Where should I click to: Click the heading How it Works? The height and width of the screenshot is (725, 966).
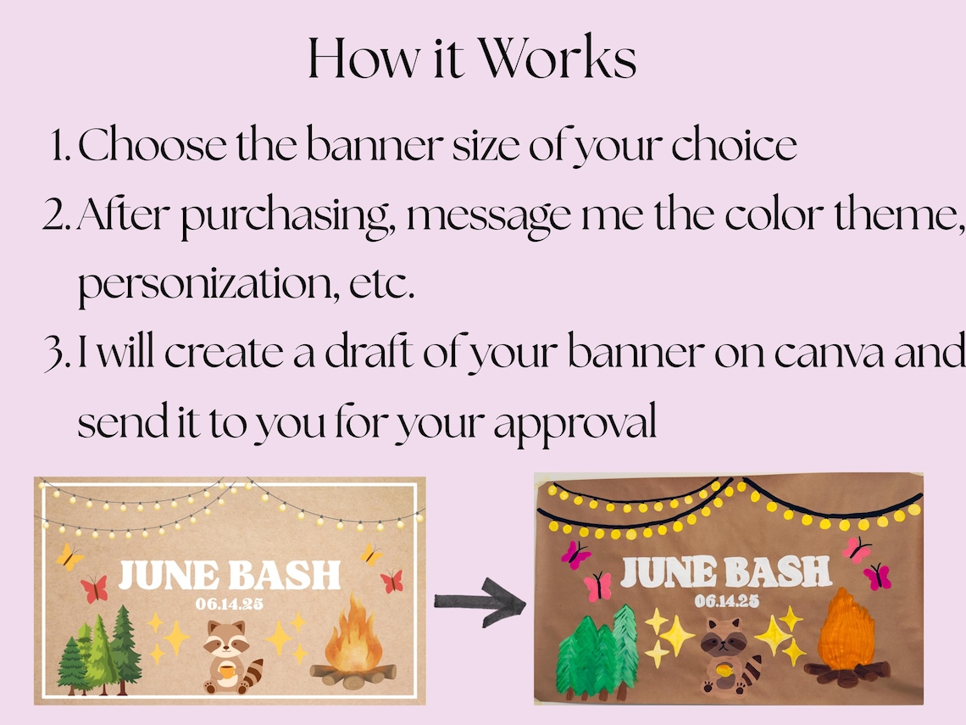coord(471,59)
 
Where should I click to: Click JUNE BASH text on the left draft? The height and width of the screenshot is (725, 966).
coord(229,575)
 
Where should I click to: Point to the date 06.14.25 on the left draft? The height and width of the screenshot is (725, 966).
coord(229,604)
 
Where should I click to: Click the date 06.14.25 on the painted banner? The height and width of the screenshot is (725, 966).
coord(726,601)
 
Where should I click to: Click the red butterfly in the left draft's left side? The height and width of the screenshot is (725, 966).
coord(93,588)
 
